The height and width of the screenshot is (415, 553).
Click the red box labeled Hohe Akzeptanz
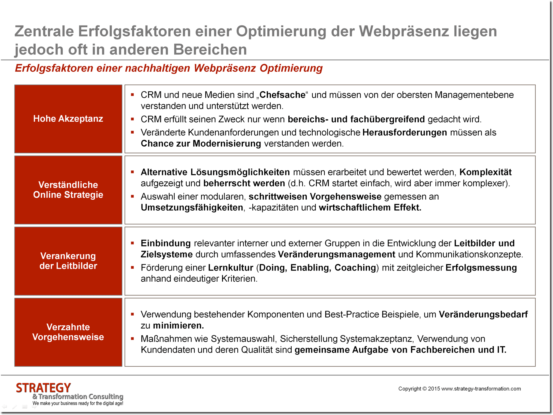coord(68,119)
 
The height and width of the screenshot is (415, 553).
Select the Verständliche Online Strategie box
coord(68,190)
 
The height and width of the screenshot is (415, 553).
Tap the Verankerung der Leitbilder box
coord(68,261)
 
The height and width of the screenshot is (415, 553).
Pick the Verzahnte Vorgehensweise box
coord(68,332)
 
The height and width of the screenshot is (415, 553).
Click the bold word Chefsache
coord(282,95)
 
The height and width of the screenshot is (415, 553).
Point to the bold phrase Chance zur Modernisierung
coord(201,144)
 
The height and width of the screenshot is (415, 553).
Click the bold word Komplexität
coord(485,172)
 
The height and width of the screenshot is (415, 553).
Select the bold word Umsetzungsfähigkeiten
coord(192,207)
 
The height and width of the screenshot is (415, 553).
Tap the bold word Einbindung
coord(166,243)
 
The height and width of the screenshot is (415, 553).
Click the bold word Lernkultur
coord(230,268)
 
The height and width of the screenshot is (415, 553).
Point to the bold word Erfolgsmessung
coord(481,268)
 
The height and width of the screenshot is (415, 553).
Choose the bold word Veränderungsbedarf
coord(483,314)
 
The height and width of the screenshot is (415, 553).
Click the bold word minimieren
coord(178,325)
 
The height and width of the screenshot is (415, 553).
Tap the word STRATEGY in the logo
coord(44,388)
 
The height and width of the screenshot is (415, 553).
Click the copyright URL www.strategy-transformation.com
coord(481,389)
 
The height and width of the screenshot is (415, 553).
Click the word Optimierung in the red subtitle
coord(291,68)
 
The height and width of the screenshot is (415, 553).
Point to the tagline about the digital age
coord(78,403)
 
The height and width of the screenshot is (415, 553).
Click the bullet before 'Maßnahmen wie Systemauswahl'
coord(132,339)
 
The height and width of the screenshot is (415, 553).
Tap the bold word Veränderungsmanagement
coord(336,254)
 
